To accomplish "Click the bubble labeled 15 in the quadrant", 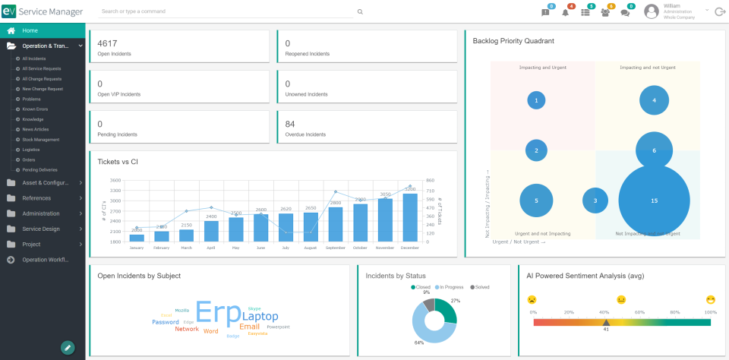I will coord(654,201).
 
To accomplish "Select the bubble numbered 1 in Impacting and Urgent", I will coord(536,100).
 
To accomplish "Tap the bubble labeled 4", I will coord(654,100).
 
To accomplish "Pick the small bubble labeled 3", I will coord(595,201).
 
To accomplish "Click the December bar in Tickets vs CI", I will coord(409,217).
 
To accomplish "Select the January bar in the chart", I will coord(137,237).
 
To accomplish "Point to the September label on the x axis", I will coord(335,248).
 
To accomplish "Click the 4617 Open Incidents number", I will coord(107,43).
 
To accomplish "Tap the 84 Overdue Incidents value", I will coord(290,124).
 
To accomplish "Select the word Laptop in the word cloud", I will coord(260,316).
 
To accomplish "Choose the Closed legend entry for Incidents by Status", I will coord(421,287).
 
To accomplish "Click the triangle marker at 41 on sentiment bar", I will coord(606,322).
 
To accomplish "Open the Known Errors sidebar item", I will coord(35,109).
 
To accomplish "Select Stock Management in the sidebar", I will coord(41,140).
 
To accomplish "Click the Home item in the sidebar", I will coord(30,30).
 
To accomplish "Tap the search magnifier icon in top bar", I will coord(360,12).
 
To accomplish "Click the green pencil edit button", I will coord(68,347).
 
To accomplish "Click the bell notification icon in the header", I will coord(565,12).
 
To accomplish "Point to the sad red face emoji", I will coord(532,300).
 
